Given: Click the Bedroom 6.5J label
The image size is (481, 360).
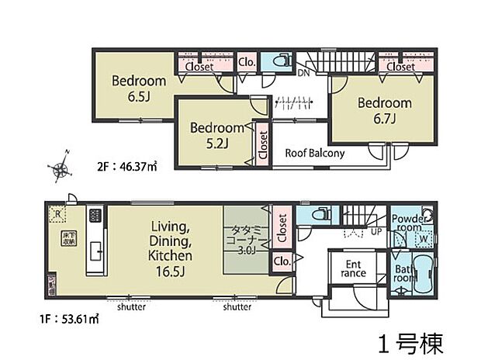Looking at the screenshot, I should pos(139,87).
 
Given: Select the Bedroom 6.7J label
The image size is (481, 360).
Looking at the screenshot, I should pos(383,110).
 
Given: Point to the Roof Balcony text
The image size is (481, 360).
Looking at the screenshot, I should pos(314,154).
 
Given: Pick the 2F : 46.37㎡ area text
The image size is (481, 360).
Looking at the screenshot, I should pos(129,166).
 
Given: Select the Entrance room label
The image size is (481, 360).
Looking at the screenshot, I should pos(354,268).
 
